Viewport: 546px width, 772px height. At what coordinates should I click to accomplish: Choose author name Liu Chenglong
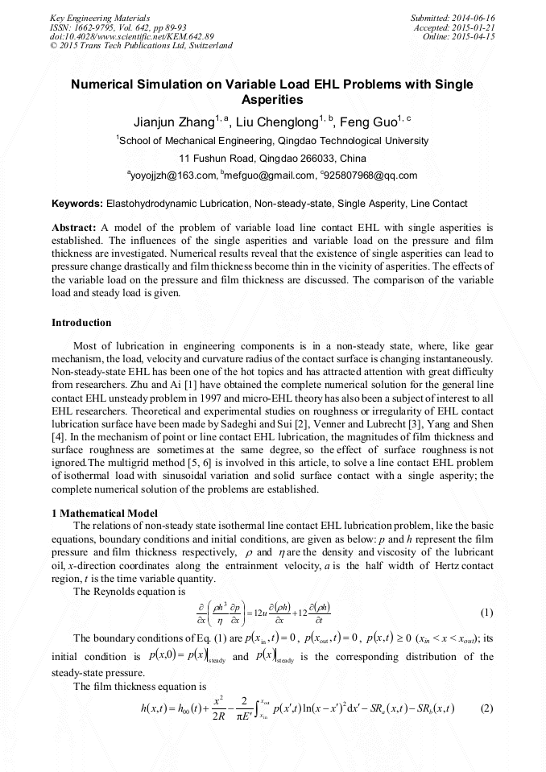pyautogui.click(x=277, y=122)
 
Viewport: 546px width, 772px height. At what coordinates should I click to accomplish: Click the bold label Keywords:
pyautogui.click(x=77, y=204)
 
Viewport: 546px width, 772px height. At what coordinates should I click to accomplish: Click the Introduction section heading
pyautogui.click(x=81, y=323)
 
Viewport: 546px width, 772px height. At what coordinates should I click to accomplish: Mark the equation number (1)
pyautogui.click(x=486, y=613)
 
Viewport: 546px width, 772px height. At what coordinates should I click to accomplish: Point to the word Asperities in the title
pyautogui.click(x=272, y=101)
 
